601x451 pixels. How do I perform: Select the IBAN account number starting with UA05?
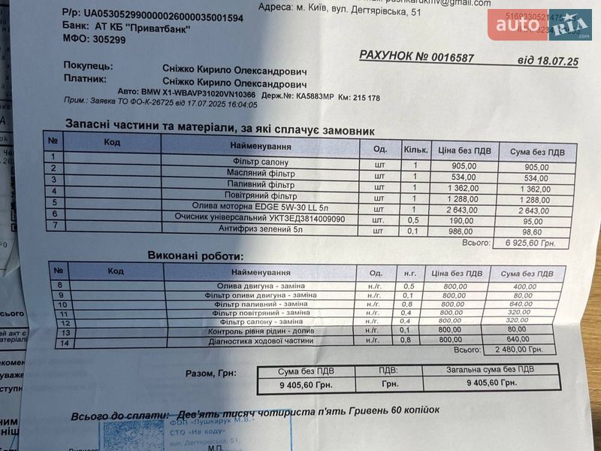point(163,15)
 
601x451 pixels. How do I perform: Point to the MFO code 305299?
point(106,40)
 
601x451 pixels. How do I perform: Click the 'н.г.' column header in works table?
point(409,273)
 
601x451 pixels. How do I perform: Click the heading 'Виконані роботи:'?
point(195,256)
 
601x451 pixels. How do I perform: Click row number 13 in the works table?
point(65,331)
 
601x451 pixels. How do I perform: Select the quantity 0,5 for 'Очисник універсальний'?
point(412,219)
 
